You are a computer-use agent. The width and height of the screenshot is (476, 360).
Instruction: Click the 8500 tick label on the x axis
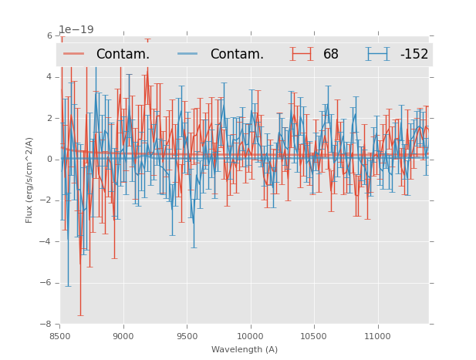pos(60,336)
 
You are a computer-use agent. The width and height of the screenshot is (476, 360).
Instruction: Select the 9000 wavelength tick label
pos(123,336)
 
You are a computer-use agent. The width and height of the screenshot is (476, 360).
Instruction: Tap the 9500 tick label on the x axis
pos(187,336)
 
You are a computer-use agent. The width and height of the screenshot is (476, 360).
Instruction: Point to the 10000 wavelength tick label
pos(251,336)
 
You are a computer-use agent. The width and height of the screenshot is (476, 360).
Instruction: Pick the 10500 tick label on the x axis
pos(314,336)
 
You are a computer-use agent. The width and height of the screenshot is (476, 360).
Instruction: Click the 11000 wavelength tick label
pos(377,336)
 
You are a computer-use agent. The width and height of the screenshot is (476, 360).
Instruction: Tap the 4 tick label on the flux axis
pos(49,77)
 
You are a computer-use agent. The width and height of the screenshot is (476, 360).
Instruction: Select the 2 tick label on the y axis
pos(49,118)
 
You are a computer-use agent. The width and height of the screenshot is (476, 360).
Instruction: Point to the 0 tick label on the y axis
pos(49,160)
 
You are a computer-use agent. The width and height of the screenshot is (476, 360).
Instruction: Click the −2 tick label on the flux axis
pos(47,200)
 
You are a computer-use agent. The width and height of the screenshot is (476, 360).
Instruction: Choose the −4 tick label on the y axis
pos(47,241)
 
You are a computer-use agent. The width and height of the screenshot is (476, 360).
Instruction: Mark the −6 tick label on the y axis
pos(47,283)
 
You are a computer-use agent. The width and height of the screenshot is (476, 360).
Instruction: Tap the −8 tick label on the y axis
pos(47,324)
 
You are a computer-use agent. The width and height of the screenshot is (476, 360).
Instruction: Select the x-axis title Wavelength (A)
pos(245,350)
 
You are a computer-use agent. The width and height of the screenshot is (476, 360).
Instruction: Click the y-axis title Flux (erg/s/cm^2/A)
pos(29,180)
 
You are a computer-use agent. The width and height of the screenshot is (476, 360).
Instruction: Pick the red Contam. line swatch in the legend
pos(74,54)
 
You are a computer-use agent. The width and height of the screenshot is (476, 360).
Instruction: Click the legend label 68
pos(331,54)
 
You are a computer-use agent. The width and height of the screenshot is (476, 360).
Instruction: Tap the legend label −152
pos(414,54)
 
